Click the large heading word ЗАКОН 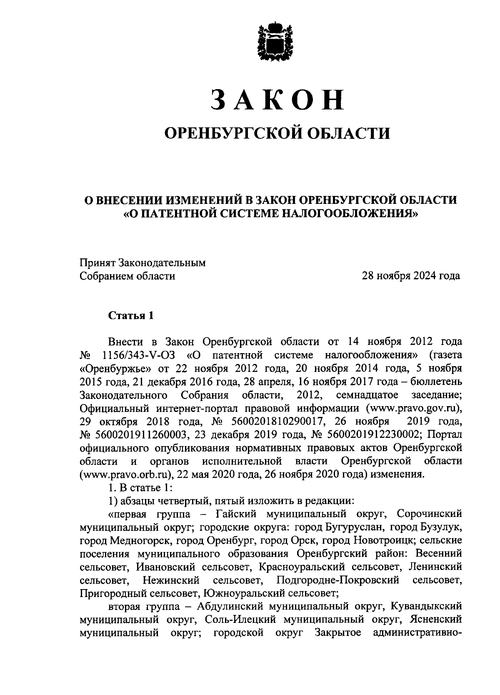[277, 99]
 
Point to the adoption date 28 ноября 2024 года [411, 276]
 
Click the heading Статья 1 [131, 315]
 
